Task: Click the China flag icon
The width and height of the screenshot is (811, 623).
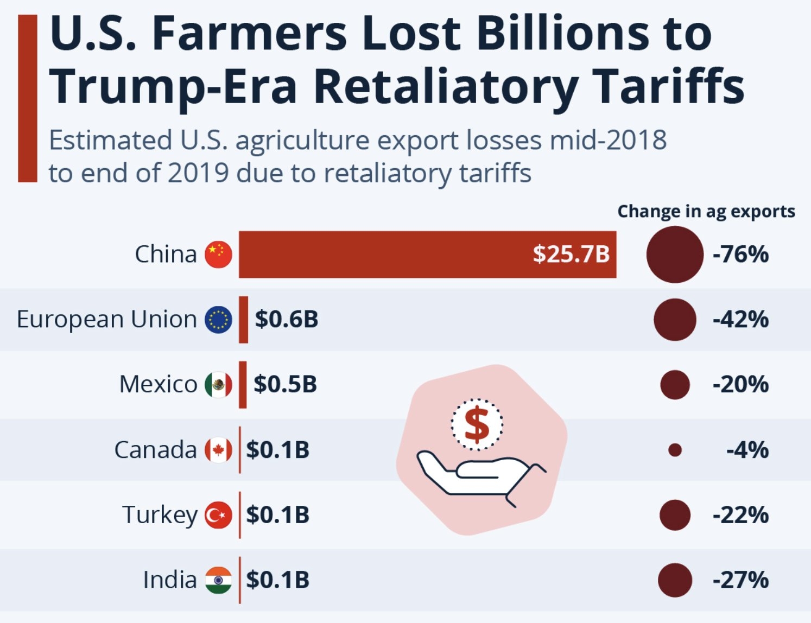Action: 218,254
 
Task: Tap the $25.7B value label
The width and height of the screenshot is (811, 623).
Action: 571,254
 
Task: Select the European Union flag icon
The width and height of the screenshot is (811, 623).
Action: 218,319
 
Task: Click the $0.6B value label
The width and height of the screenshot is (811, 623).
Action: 287,319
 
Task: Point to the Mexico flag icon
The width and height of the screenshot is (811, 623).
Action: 218,385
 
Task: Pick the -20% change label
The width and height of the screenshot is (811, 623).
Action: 740,385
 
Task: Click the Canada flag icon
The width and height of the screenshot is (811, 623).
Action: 218,450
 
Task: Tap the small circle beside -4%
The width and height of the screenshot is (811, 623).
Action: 675,450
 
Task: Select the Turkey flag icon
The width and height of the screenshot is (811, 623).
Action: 218,515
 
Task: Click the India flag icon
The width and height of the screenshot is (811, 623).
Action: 218,580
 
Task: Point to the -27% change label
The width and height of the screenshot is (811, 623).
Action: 740,580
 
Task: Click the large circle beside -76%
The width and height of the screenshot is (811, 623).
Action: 675,254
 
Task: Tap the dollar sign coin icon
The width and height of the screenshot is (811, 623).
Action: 477,424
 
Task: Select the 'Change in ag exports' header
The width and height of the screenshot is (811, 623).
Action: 706,211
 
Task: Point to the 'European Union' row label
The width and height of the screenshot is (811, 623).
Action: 106,319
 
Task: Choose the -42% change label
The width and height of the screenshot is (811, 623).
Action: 740,319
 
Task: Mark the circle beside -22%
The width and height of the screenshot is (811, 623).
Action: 675,515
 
